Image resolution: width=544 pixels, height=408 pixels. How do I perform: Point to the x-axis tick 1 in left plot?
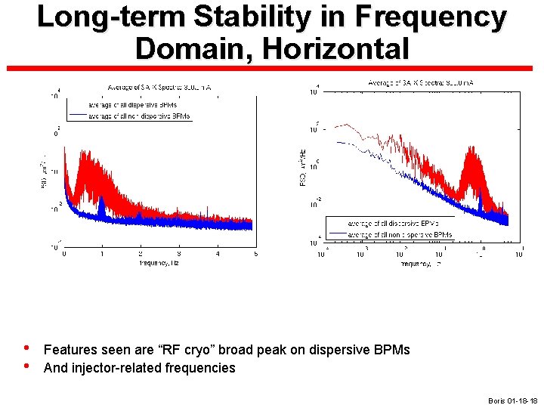[102, 254]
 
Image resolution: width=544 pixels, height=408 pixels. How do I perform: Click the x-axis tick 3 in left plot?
[179, 254]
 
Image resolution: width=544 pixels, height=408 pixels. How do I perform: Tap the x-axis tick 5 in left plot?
[256, 254]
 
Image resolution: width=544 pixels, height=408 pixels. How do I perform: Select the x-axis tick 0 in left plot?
[63, 254]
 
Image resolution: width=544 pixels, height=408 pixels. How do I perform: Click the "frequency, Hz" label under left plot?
[158, 263]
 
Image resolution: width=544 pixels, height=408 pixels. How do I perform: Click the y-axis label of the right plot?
[302, 167]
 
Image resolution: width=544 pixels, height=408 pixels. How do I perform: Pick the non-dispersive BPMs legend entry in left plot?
[140, 116]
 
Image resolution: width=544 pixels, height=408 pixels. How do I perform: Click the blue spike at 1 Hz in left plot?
[101, 206]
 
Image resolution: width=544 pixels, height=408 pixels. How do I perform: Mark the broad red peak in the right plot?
[474, 162]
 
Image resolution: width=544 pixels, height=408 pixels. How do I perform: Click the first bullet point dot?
[26, 349]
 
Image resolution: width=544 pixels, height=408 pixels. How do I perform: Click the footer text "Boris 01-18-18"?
[512, 400]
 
